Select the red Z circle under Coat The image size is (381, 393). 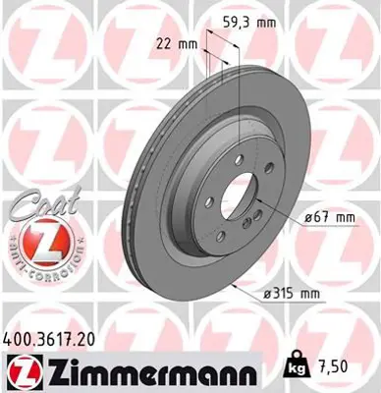[x=37, y=240]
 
